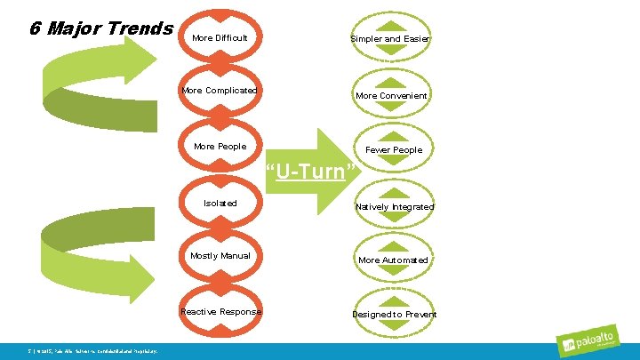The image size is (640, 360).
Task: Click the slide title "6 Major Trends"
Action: pyautogui.click(x=101, y=28)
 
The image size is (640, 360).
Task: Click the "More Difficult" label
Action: pyautogui.click(x=220, y=38)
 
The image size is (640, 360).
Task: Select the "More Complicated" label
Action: pyautogui.click(x=220, y=91)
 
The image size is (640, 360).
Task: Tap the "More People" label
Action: pyautogui.click(x=220, y=147)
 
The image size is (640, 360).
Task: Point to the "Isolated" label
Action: pyautogui.click(x=220, y=204)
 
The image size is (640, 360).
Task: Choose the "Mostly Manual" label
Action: pyautogui.click(x=220, y=256)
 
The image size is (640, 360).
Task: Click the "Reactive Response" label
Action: pyautogui.click(x=220, y=312)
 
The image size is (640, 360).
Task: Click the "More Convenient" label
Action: pyautogui.click(x=391, y=96)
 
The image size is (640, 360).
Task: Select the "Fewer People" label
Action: pyautogui.click(x=394, y=150)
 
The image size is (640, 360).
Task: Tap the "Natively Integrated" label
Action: pyautogui.click(x=394, y=207)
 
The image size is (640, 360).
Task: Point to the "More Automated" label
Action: pyautogui.click(x=392, y=260)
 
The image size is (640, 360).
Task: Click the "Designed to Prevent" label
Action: pyautogui.click(x=394, y=315)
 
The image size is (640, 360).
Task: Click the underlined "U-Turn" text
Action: pyautogui.click(x=310, y=171)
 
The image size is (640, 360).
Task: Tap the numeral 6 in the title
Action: pyautogui.click(x=34, y=28)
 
